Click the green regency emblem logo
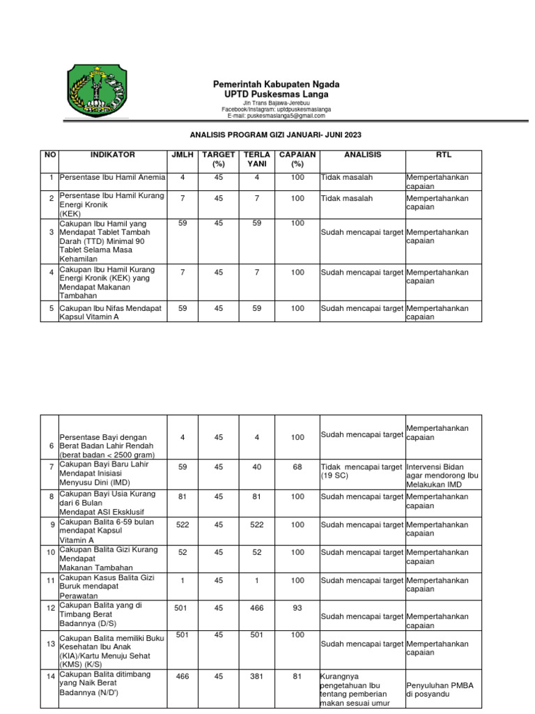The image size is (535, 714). [x=97, y=91]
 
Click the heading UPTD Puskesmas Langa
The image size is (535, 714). [x=277, y=94]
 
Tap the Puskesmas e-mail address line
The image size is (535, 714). [x=276, y=116]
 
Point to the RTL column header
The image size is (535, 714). [x=443, y=155]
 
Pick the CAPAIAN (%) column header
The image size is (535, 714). [x=297, y=159]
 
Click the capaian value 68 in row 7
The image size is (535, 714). [x=297, y=466]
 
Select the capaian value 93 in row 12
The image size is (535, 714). [x=297, y=608]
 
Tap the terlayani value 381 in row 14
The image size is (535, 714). [x=257, y=676]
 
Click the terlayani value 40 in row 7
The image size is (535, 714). [x=257, y=466]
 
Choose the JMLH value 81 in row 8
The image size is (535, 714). [x=183, y=496]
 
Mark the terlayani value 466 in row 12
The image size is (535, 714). [x=257, y=608]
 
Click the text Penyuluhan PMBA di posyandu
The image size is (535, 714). [x=439, y=690]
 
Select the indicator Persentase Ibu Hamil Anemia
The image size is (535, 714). [x=111, y=178]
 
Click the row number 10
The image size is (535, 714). [x=51, y=552]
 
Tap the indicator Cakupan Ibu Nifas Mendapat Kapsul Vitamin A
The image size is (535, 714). [x=110, y=312]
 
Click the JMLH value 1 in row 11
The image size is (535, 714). [x=183, y=580]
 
